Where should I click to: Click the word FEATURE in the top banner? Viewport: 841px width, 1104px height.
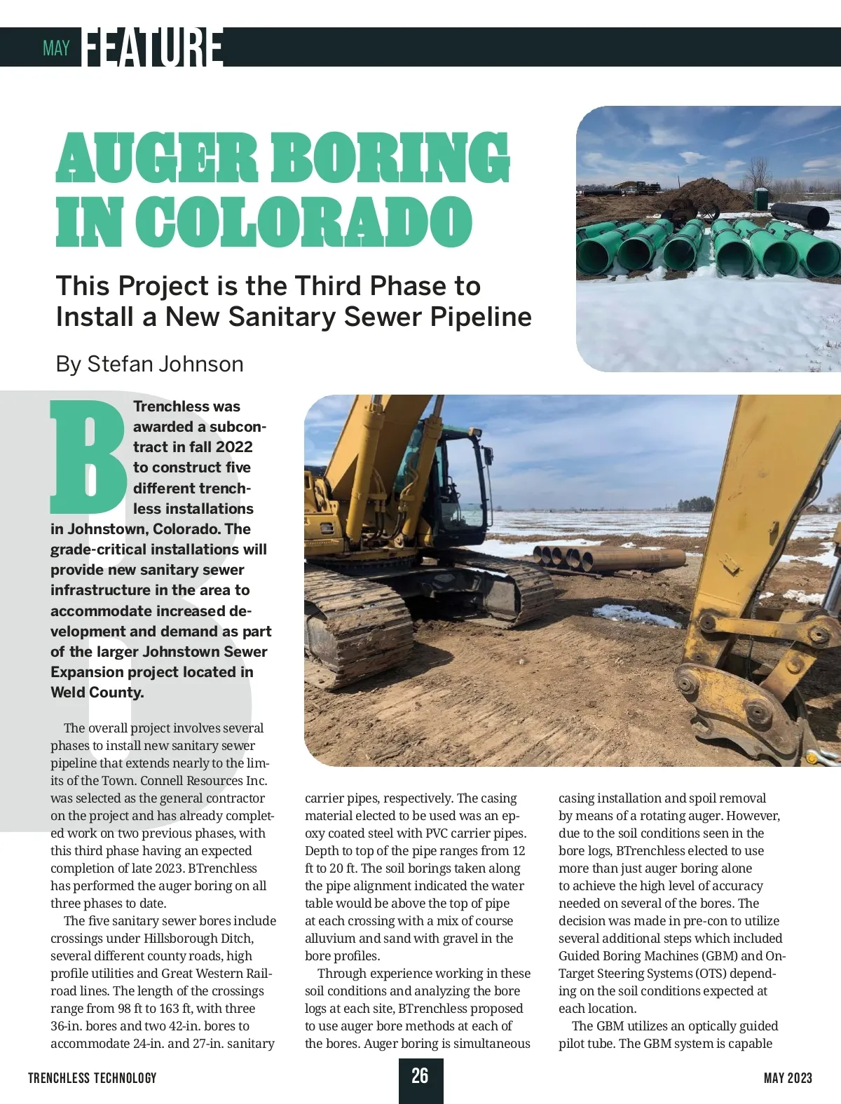[153, 48]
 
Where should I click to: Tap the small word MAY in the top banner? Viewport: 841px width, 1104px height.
[56, 48]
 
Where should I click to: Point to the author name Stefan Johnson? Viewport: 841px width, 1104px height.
[165, 364]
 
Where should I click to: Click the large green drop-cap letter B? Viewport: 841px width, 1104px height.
[88, 456]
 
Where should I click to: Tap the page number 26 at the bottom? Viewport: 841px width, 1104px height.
[420, 1076]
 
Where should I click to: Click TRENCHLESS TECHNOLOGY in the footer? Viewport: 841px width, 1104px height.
[93, 1078]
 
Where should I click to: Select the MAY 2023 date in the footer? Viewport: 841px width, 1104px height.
[788, 1078]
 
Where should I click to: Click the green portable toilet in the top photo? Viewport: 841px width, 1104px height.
[761, 198]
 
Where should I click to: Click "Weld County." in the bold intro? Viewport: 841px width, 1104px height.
[97, 693]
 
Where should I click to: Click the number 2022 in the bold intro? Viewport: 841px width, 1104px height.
[234, 447]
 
